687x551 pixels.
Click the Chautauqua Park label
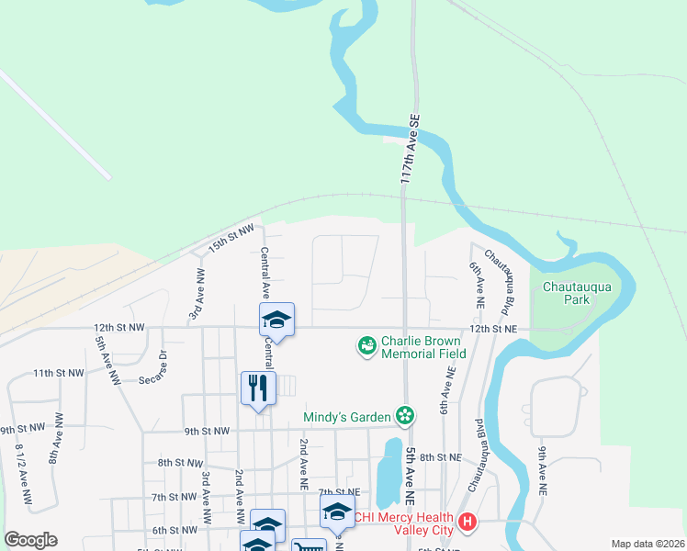[578, 293]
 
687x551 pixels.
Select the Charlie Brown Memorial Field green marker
[366, 346]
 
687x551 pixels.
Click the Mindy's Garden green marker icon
[404, 417]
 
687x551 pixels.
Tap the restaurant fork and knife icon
[258, 387]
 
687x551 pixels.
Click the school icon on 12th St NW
[276, 319]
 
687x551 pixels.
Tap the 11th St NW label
[58, 374]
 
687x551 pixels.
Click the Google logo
[30, 540]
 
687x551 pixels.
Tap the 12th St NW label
[118, 327]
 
